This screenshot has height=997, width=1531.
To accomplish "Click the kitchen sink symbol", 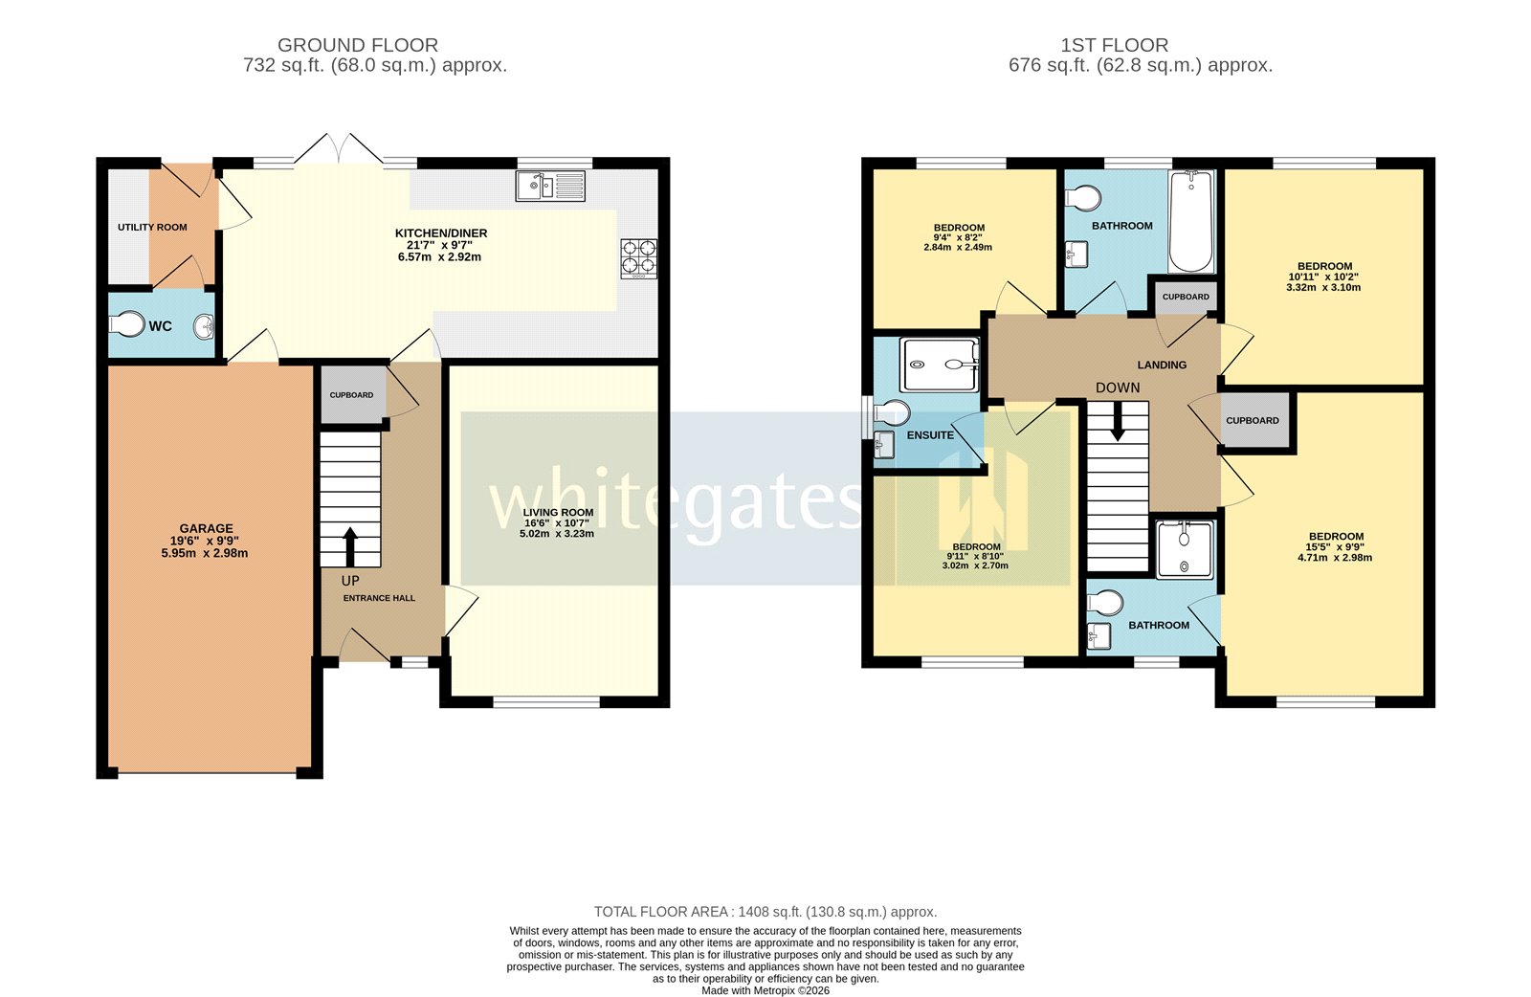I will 550,186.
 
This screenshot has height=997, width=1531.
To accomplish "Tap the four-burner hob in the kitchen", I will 639,257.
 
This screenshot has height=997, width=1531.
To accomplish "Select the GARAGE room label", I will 206,528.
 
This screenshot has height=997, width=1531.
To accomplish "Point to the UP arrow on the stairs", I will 350,545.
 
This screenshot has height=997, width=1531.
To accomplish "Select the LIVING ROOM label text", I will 558,512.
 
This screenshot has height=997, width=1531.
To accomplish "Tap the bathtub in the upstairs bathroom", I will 1191,222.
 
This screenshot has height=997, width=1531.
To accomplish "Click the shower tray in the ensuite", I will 939,365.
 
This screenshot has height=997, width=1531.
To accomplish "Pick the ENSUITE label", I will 930,435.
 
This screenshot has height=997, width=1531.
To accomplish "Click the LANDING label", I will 1162,365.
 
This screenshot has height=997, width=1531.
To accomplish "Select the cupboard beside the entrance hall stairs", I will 352,394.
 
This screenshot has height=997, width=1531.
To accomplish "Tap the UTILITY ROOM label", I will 152,228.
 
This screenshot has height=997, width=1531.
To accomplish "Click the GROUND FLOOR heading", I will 358,45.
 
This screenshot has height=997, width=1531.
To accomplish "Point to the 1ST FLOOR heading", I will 1114,45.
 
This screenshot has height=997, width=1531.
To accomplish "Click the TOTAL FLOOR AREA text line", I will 765,912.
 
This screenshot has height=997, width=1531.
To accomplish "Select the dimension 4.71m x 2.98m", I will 1335,558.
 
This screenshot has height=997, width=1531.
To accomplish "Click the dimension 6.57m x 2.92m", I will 439,256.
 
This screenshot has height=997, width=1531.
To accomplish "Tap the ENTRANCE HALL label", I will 380,598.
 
